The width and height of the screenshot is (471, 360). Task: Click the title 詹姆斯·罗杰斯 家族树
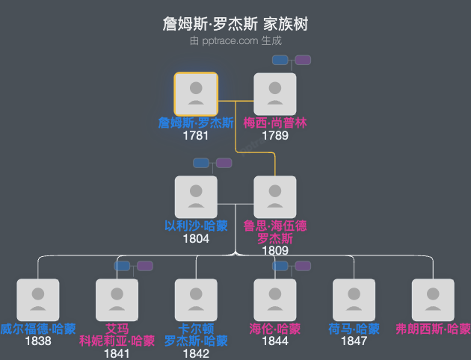tap(235, 24)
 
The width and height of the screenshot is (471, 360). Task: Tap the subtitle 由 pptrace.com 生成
tap(235, 41)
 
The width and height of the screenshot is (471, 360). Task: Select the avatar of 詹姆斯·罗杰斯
tap(196, 94)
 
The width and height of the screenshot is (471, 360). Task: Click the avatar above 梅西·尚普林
tap(275, 94)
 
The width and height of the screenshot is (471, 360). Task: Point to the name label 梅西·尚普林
tap(275, 123)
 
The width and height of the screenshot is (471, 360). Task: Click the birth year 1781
tap(196, 136)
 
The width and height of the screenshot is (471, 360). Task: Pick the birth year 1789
tap(275, 136)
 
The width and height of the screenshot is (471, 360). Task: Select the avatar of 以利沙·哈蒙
tap(196, 197)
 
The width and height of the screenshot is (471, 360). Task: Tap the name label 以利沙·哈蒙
tap(196, 226)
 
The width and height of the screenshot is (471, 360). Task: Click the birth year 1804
tap(196, 239)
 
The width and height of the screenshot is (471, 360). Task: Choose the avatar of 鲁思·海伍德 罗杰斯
tap(275, 197)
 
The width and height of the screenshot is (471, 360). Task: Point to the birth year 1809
tap(275, 251)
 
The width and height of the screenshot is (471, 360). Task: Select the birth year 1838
tap(37, 341)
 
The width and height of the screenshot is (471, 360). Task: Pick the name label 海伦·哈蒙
tap(275, 329)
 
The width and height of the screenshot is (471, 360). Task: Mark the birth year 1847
tap(354, 341)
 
